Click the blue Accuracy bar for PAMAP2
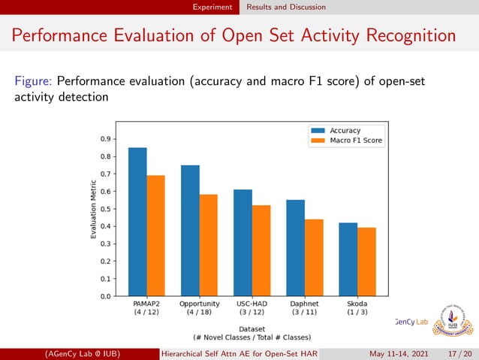(137, 222)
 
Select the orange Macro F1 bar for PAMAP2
(155, 235)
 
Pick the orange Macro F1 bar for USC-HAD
(261, 250)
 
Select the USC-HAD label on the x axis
(252, 304)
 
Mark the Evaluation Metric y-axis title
(94, 210)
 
